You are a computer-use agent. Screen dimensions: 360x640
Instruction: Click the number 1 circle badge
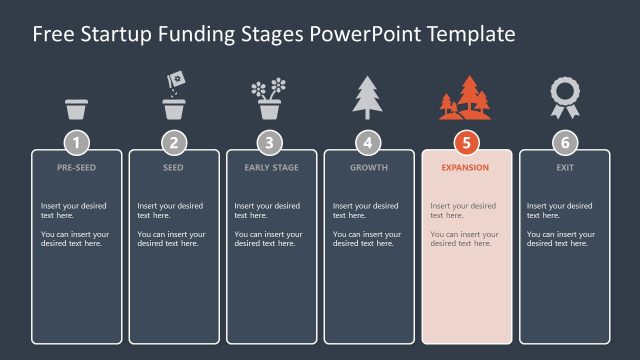(x=77, y=142)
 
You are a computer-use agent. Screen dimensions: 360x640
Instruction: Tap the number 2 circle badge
(x=174, y=142)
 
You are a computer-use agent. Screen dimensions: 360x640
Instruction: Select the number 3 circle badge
(x=271, y=142)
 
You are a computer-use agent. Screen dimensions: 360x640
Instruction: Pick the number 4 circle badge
(x=368, y=142)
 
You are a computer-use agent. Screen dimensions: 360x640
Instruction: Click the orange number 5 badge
(x=466, y=142)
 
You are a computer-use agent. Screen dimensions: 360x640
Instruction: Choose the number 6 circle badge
(x=564, y=142)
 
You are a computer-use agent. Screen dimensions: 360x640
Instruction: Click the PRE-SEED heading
(x=77, y=168)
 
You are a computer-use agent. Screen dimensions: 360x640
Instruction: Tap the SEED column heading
(x=174, y=168)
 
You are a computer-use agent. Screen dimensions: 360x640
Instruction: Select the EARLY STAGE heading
(x=271, y=168)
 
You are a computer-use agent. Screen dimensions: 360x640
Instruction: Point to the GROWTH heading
(x=368, y=168)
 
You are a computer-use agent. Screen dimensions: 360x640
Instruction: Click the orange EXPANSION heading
(x=466, y=168)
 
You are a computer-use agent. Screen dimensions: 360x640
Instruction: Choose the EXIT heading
(x=564, y=168)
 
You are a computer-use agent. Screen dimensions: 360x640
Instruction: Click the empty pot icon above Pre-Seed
(x=77, y=108)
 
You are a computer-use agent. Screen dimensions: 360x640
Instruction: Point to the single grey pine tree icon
(x=367, y=98)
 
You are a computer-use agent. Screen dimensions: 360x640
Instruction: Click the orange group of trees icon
(x=465, y=98)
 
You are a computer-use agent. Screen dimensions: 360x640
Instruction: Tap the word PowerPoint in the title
(x=365, y=34)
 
